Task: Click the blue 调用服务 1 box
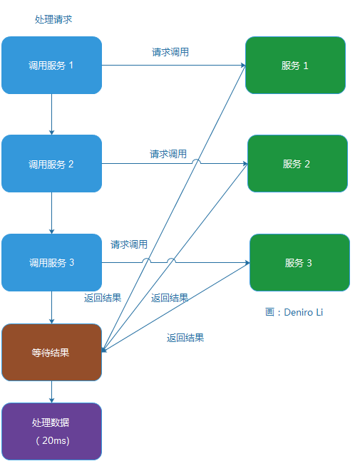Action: tap(51, 66)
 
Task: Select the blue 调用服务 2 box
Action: tap(51, 164)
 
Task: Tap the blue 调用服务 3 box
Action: tap(51, 262)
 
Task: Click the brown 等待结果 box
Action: tap(51, 352)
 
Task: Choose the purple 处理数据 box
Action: tap(51, 431)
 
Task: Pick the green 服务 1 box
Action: tap(295, 66)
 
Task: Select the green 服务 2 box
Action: tap(297, 164)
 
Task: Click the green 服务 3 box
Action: tap(299, 262)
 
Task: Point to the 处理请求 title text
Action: tap(53, 19)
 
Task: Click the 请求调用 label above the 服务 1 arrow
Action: tap(170, 52)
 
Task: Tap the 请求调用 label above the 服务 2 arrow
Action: tap(168, 154)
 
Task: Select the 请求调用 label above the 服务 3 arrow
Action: tap(129, 244)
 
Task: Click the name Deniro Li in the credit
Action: tap(304, 312)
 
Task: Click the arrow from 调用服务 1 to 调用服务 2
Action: tap(51, 114)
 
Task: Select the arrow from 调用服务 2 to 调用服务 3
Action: tap(51, 213)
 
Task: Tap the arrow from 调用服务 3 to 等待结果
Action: tap(51, 307)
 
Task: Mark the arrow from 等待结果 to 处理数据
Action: tap(51, 391)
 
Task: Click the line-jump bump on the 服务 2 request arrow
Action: tap(197, 162)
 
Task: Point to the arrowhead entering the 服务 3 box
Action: tap(247, 263)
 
